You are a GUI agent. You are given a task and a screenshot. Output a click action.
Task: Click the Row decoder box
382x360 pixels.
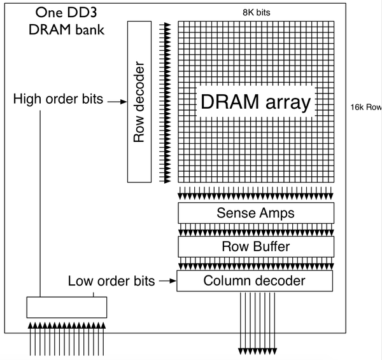pos(137,102)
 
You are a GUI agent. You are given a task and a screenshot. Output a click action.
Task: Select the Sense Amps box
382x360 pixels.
pos(256,213)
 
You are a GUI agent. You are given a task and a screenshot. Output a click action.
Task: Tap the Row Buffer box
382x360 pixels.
pos(256,246)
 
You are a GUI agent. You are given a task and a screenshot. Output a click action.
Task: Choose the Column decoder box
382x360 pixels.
pos(256,280)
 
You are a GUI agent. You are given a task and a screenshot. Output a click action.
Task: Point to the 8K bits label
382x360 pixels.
pos(258,11)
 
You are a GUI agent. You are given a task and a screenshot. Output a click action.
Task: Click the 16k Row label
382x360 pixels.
pos(365,107)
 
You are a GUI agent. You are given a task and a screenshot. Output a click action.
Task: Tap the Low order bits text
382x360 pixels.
pos(111,280)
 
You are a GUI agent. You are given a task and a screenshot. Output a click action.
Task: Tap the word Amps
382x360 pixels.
pos(277,213)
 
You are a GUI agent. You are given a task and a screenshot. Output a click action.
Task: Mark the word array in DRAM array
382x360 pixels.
pos(284,103)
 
